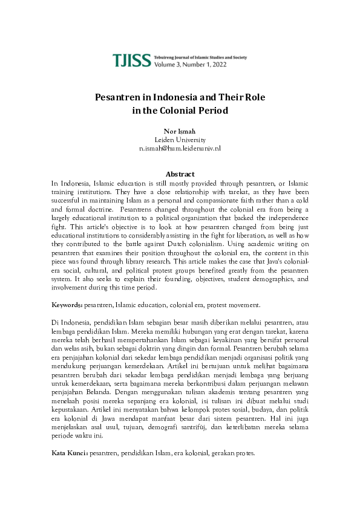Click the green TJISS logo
coord(131,59)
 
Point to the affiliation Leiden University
coord(180,140)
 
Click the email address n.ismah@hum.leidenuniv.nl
coord(180,148)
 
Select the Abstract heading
coord(180,173)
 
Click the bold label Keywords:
coord(67,305)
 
